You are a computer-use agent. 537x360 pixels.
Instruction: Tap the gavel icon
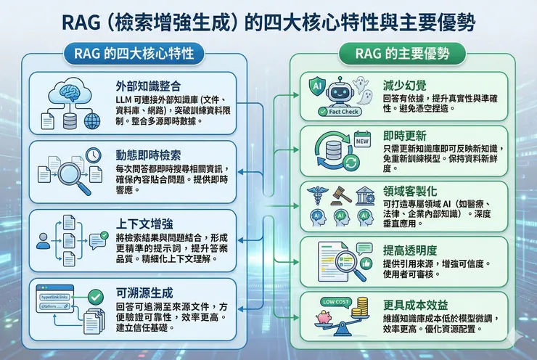tap(337, 196)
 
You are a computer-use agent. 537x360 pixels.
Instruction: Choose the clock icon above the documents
tap(92, 155)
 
